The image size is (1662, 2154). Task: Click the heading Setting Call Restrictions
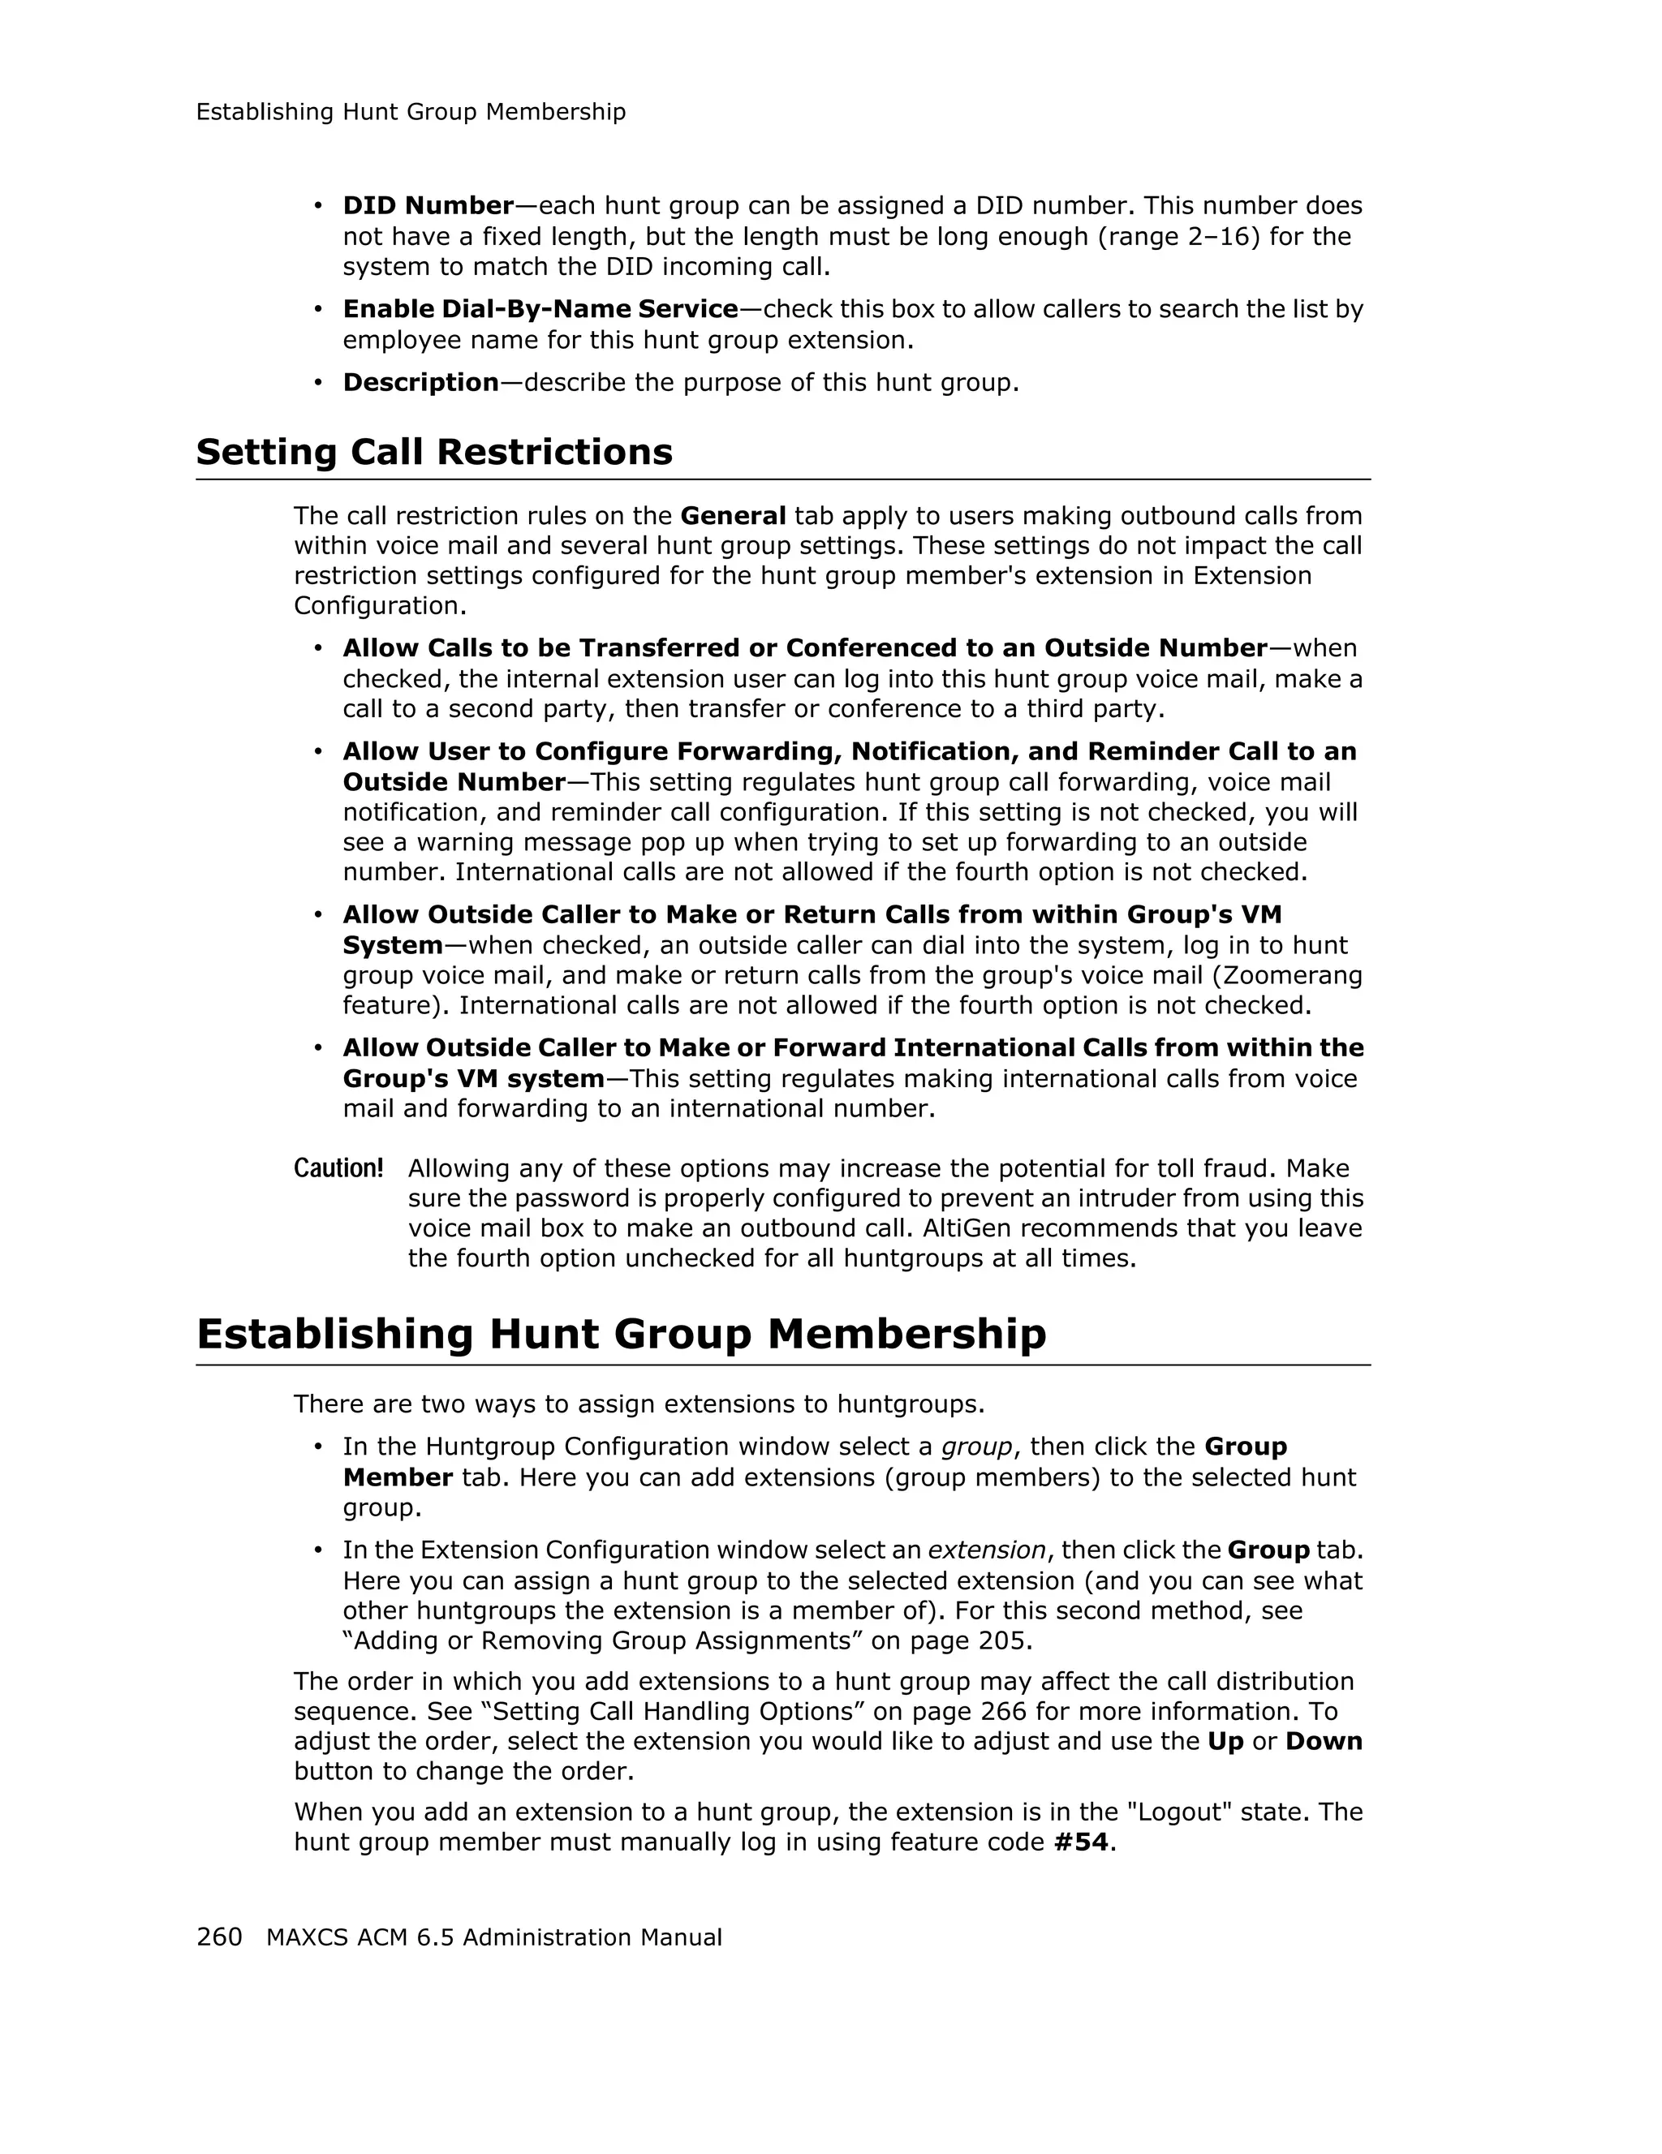434,453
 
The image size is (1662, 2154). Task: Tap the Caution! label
338,1169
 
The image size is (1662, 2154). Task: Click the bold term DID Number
428,206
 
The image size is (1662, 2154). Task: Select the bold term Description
420,383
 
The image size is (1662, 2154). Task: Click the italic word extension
986,1550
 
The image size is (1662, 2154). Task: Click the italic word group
976,1447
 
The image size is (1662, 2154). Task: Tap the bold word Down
1323,1741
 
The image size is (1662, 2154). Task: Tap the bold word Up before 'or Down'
1225,1741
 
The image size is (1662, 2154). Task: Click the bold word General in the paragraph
733,516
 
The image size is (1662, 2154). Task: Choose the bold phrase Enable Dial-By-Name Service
540,310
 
